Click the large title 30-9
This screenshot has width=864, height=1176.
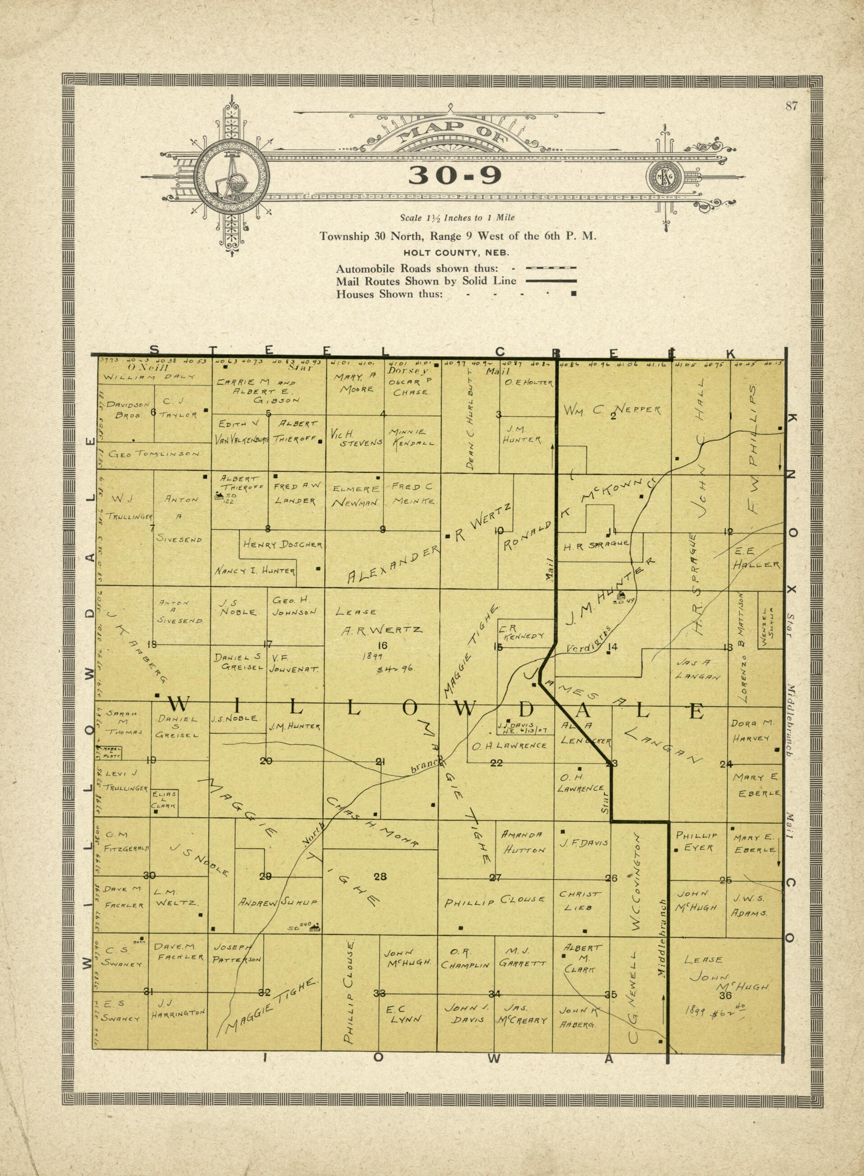(x=455, y=176)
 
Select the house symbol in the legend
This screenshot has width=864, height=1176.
(x=574, y=294)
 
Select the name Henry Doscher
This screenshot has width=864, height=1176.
(x=282, y=544)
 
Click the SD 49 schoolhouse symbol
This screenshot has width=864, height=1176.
(x=622, y=595)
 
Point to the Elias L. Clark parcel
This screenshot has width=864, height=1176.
(x=165, y=800)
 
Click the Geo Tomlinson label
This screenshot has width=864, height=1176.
(x=154, y=454)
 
